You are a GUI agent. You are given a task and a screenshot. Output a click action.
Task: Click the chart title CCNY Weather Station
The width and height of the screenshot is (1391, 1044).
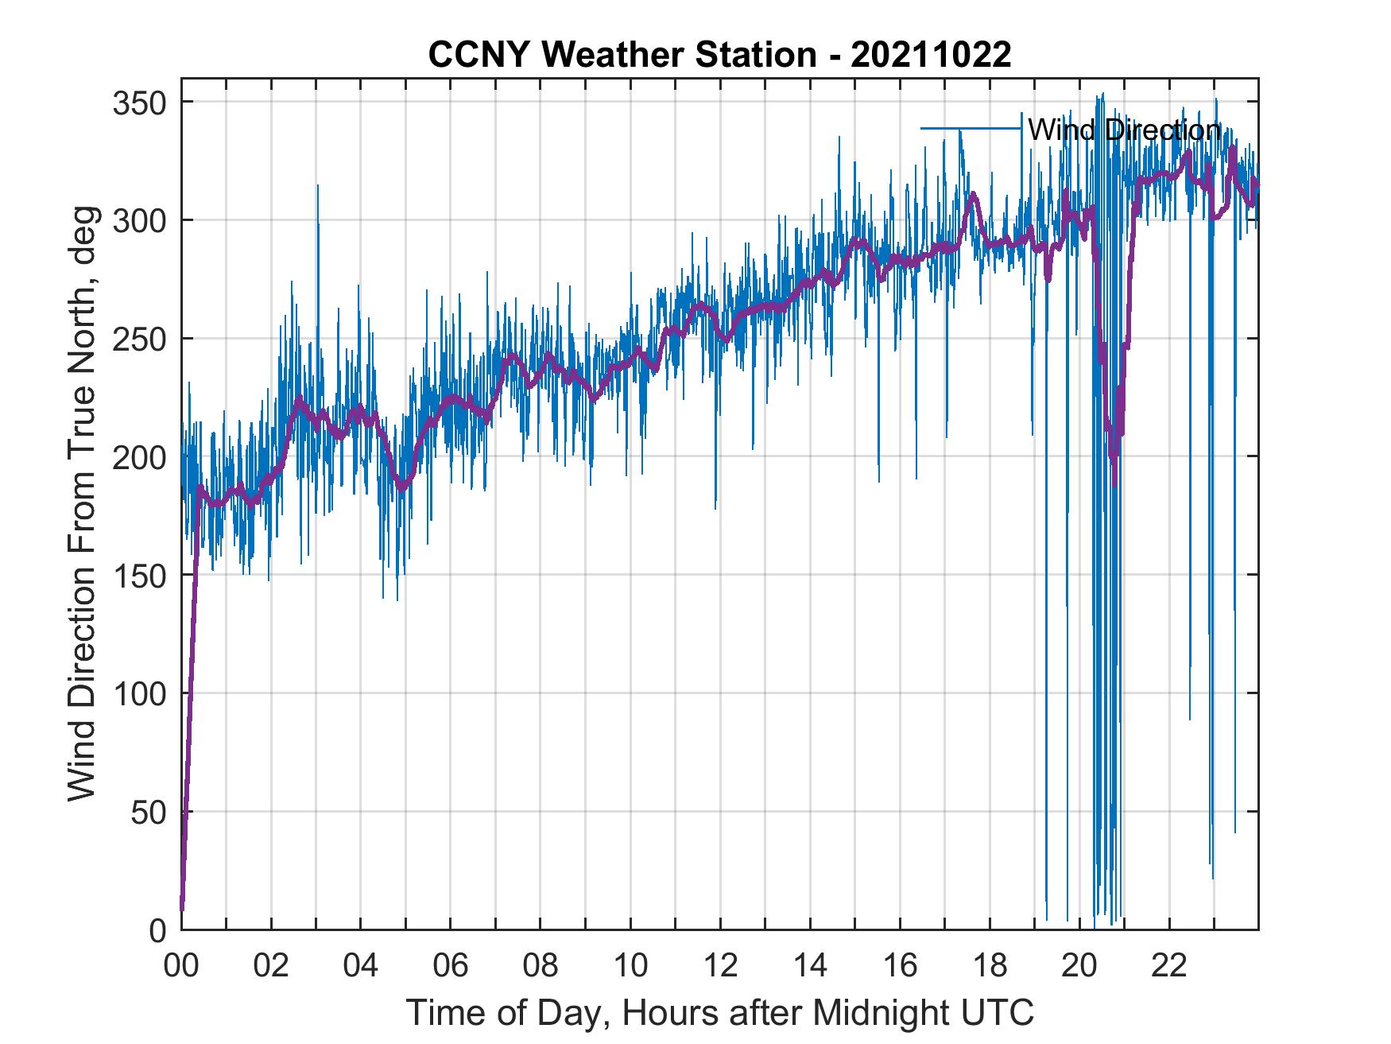pyautogui.click(x=719, y=55)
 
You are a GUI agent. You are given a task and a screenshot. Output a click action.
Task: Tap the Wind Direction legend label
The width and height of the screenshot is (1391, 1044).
pyautogui.click(x=1124, y=130)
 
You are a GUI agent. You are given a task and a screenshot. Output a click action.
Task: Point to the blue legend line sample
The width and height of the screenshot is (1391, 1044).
pyautogui.click(x=971, y=128)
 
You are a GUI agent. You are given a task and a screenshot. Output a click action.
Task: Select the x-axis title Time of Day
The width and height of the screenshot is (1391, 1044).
pyautogui.click(x=719, y=1012)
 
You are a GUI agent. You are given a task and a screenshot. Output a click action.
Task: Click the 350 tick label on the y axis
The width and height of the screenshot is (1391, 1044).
pyautogui.click(x=138, y=103)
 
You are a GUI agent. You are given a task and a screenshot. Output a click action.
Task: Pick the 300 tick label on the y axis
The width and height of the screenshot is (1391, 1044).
pyautogui.click(x=138, y=220)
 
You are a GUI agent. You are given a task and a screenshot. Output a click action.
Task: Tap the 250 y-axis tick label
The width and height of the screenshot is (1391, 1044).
pyautogui.click(x=138, y=339)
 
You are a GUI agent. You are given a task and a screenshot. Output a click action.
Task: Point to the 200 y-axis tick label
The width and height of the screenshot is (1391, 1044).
pyautogui.click(x=138, y=457)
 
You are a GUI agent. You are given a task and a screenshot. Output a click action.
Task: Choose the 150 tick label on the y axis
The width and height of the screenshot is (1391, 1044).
pyautogui.click(x=138, y=575)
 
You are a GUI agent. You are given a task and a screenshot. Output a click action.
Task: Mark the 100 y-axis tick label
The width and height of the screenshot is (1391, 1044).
pyautogui.click(x=138, y=693)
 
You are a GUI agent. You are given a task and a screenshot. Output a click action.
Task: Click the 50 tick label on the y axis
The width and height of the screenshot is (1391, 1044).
pyautogui.click(x=148, y=812)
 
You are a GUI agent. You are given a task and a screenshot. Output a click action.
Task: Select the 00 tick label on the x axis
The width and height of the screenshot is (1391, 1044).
pyautogui.click(x=181, y=966)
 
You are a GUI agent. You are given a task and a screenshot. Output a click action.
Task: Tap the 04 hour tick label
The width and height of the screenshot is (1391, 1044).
pyautogui.click(x=361, y=966)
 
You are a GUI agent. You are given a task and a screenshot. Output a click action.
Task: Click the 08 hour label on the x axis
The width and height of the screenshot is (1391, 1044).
pyautogui.click(x=541, y=966)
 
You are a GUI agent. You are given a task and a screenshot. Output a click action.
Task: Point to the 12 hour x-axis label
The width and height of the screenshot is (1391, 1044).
pyautogui.click(x=720, y=966)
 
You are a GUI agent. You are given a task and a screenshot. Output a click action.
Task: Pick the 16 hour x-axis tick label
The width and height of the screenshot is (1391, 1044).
pyautogui.click(x=900, y=966)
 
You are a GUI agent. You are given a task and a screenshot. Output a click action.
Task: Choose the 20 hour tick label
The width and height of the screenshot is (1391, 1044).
pyautogui.click(x=1079, y=966)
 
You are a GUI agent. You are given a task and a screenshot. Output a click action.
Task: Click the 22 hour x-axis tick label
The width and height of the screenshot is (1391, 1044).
pyautogui.click(x=1169, y=966)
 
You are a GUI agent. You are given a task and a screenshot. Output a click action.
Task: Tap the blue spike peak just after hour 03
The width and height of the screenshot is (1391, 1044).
pyautogui.click(x=318, y=186)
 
